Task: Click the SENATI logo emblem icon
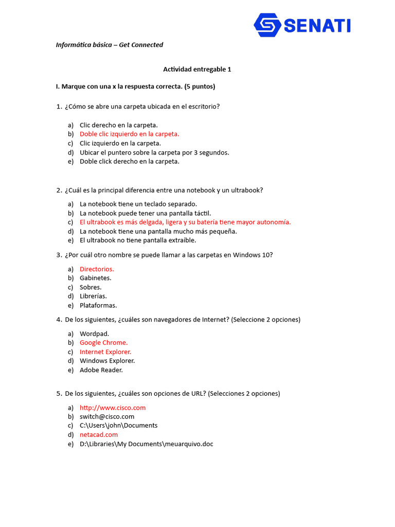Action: (x=267, y=25)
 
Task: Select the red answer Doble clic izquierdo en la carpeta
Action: (x=129, y=134)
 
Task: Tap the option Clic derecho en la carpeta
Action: (x=118, y=125)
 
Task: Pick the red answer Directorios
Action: (x=97, y=269)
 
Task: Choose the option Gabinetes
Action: (x=95, y=278)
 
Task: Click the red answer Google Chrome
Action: (x=103, y=343)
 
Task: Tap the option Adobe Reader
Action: (x=101, y=370)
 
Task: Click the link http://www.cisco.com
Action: (x=112, y=408)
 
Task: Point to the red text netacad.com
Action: (x=98, y=435)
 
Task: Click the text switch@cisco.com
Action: (x=106, y=417)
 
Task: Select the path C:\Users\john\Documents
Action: (x=118, y=426)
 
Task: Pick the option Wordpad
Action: (x=94, y=333)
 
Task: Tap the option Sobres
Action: (x=91, y=287)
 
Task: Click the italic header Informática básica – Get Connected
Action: (x=109, y=45)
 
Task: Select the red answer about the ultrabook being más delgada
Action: (x=185, y=222)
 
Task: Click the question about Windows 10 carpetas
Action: (x=169, y=255)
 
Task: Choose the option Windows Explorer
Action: (x=107, y=361)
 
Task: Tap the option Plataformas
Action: (x=98, y=305)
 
